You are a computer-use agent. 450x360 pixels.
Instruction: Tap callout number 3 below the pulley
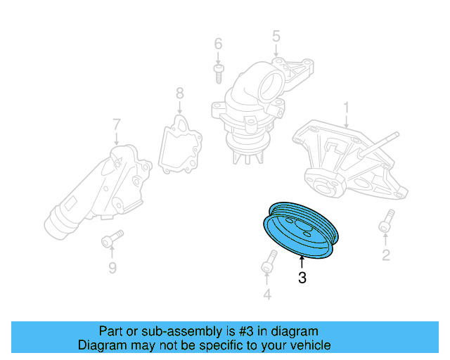pyautogui.click(x=302, y=278)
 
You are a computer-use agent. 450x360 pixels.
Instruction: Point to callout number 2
pyautogui.click(x=385, y=255)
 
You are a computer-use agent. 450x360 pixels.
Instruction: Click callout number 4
pyautogui.click(x=266, y=295)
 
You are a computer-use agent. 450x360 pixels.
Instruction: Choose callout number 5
pyautogui.click(x=276, y=34)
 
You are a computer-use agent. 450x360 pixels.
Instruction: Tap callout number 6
pyautogui.click(x=218, y=43)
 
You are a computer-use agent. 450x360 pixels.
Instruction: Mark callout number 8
pyautogui.click(x=179, y=92)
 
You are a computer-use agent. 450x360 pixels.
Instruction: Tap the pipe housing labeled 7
pyautogui.click(x=91, y=190)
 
